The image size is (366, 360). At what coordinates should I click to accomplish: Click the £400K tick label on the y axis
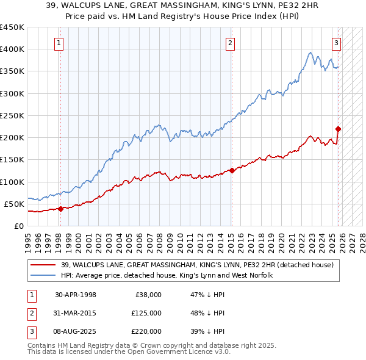[x=12, y=49]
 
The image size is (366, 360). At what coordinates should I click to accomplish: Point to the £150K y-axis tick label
[x=12, y=159]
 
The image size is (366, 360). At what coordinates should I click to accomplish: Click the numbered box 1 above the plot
[x=59, y=43]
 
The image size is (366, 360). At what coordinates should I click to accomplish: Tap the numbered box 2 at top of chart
[x=230, y=43]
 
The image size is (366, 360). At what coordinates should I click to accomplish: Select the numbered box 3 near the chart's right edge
[x=336, y=43]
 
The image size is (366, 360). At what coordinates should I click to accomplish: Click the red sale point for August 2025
[x=339, y=129]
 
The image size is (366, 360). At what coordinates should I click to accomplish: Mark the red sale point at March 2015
[x=232, y=171]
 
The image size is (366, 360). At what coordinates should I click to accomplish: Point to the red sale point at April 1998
[x=60, y=209]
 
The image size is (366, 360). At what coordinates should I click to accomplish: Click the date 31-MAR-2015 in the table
[x=76, y=313]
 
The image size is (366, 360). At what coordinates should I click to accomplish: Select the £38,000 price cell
[x=146, y=295]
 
